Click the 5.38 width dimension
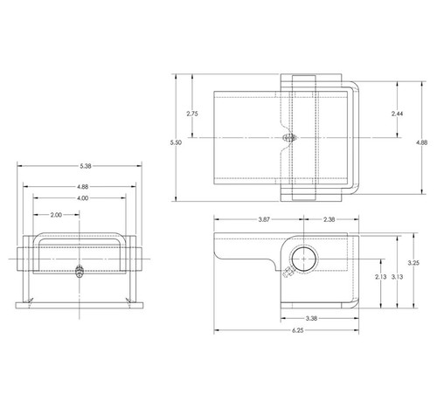click(79, 166)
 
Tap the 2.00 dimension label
click(56, 214)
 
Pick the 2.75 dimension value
click(193, 113)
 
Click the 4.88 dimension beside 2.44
click(421, 142)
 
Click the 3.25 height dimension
click(414, 262)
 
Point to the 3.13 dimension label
click(397, 277)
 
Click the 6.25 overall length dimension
click(288, 334)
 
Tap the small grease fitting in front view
click(80, 270)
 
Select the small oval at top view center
click(289, 137)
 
